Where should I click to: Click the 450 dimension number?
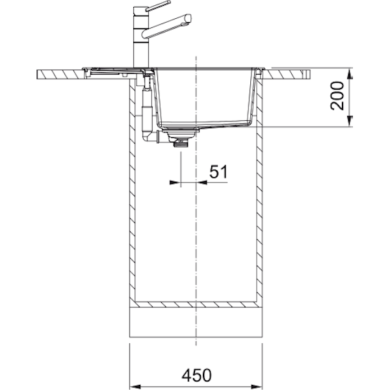196,375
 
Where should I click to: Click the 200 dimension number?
337,96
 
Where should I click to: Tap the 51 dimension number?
218,172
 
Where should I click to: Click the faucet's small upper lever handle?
158,6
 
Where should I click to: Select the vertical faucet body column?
141,37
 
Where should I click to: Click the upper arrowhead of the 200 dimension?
350,74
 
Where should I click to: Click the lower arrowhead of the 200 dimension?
350,121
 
